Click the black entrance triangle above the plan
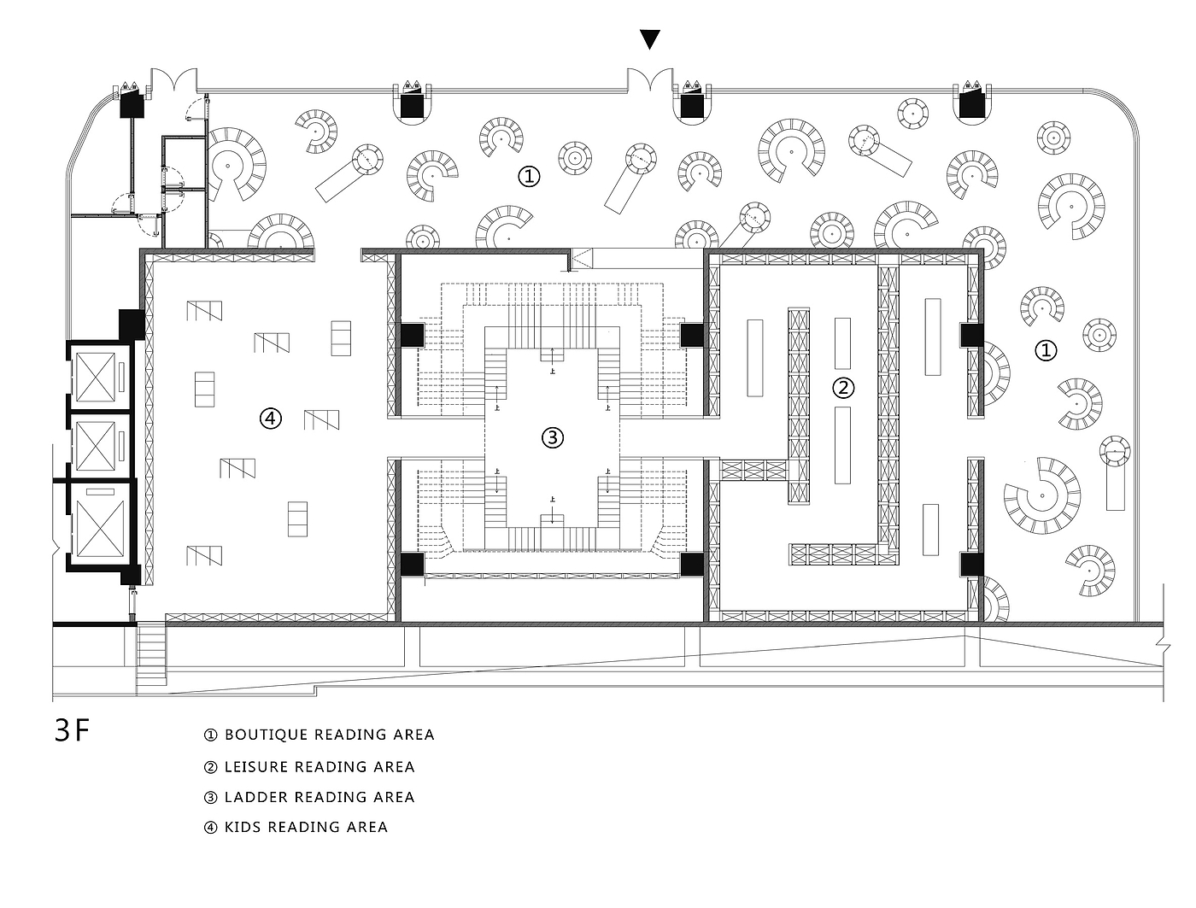650,39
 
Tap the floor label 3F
72,731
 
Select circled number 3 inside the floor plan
553,438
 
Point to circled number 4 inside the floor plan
270,418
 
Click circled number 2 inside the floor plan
843,388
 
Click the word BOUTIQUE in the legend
265,735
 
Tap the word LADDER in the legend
255,797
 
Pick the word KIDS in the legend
243,827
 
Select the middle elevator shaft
99,443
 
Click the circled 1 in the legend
211,735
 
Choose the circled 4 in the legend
211,827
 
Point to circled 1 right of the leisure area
1046,349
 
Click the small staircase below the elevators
151,654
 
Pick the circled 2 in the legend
211,767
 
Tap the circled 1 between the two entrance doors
530,177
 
